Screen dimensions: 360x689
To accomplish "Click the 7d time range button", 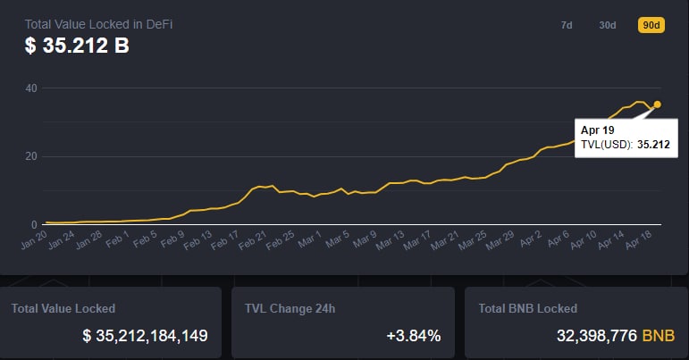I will [567, 25].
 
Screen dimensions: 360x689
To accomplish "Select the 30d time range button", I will [608, 25].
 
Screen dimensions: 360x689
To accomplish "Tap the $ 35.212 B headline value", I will [77, 45].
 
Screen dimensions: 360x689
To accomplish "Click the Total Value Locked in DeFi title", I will [98, 23].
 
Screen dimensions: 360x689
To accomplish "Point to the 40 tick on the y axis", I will [31, 88].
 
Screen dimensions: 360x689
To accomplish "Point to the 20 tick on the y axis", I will [31, 156].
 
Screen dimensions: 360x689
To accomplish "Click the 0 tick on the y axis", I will [34, 224].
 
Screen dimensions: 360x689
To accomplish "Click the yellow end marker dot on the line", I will [658, 105].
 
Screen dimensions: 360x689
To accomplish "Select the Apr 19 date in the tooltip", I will [597, 130].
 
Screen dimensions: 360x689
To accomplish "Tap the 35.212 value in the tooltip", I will [653, 144].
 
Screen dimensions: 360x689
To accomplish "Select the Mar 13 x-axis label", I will [391, 239].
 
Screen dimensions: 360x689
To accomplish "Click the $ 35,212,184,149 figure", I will [145, 336].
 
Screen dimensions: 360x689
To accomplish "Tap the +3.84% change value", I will [414, 336].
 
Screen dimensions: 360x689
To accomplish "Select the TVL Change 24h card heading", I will [288, 308].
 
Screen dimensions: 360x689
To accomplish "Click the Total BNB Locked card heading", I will [528, 308].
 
